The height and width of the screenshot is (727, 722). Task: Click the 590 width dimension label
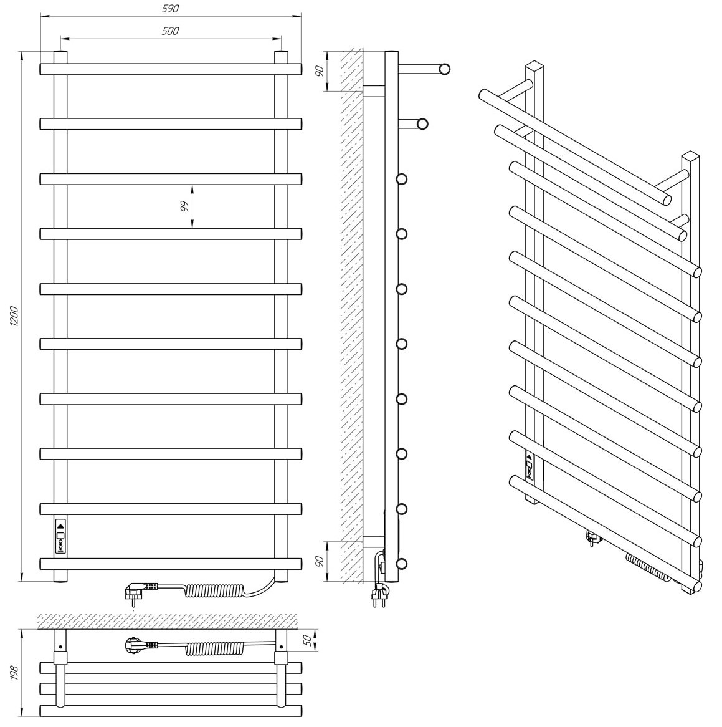tap(171, 9)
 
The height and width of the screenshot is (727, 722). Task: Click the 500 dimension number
tap(171, 31)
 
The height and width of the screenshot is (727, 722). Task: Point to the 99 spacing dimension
tap(184, 207)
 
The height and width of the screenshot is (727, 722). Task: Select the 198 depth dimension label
tap(14, 672)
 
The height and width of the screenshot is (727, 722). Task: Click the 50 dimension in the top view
tap(308, 640)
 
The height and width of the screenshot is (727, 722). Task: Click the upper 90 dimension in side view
tap(320, 72)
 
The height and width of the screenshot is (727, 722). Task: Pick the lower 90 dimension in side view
tap(320, 562)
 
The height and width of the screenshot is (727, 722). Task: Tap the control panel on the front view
tap(60, 536)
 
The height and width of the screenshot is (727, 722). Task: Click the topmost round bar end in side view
tap(445, 70)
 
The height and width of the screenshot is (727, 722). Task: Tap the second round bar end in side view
tap(422, 124)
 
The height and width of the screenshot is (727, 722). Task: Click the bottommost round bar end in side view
tap(402, 564)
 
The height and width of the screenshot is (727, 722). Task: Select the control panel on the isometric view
tap(530, 466)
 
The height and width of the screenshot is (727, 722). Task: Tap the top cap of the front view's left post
tap(60, 52)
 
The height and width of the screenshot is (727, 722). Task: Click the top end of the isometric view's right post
tap(690, 155)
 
